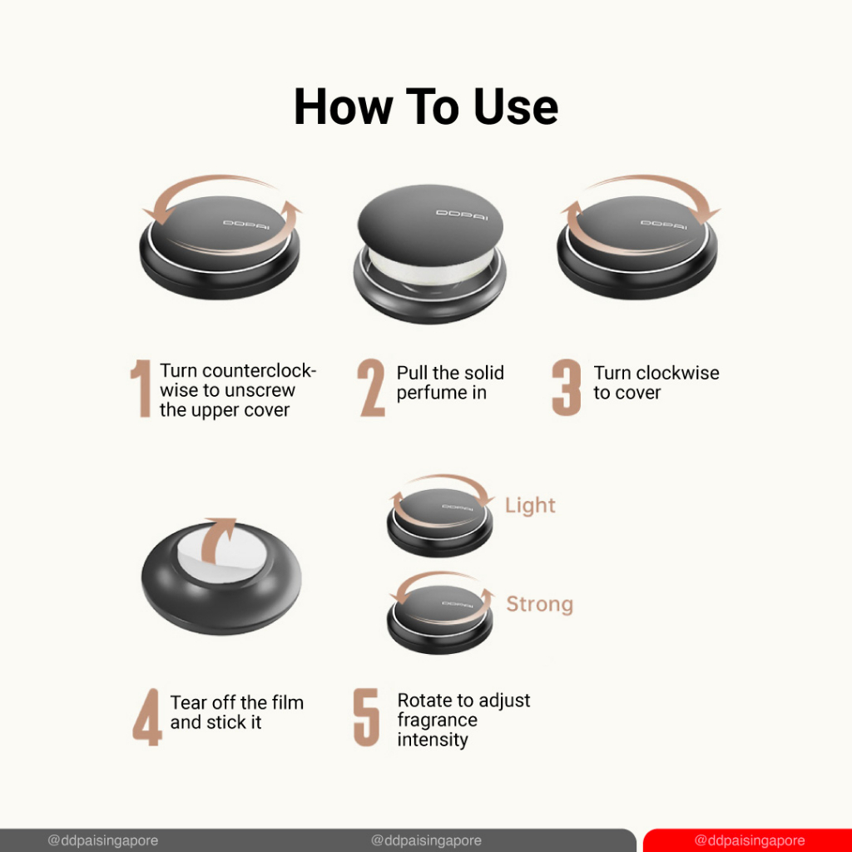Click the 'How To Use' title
click(x=425, y=107)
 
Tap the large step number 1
click(x=141, y=388)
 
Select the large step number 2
click(x=372, y=388)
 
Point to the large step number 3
click(x=566, y=388)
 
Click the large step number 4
click(x=147, y=717)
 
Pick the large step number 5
click(x=367, y=717)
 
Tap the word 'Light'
click(x=530, y=505)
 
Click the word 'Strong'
click(x=539, y=604)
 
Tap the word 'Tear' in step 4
click(x=188, y=702)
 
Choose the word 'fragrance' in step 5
click(x=438, y=720)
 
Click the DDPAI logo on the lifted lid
click(x=462, y=215)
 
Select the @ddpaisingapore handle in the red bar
click(x=750, y=840)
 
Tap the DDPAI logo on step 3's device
click(x=663, y=224)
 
